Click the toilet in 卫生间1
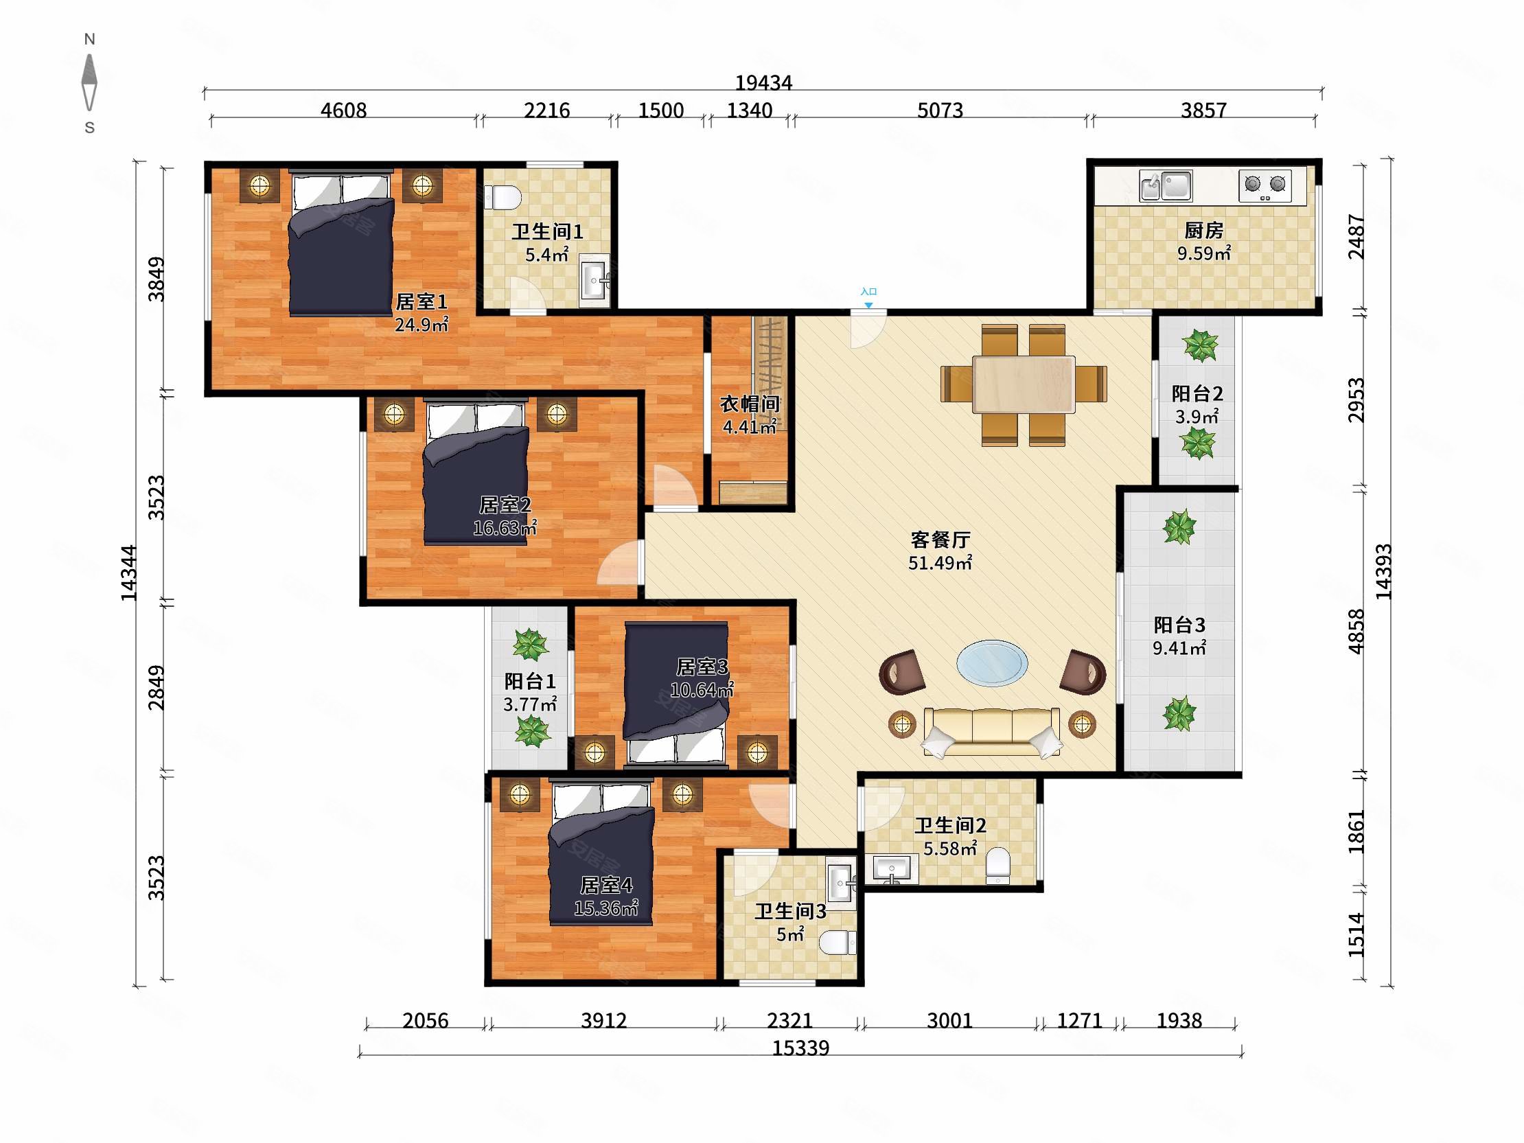(x=503, y=198)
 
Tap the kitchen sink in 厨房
(x=1166, y=185)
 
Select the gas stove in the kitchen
(x=1265, y=185)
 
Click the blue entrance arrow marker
(x=869, y=305)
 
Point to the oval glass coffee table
(x=992, y=662)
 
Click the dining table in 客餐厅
(x=1024, y=384)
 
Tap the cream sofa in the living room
(x=991, y=732)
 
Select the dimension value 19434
(x=763, y=82)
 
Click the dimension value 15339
(x=800, y=1048)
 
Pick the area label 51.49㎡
(x=940, y=563)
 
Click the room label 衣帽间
(x=750, y=404)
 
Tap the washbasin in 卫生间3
(x=841, y=883)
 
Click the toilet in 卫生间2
(x=997, y=866)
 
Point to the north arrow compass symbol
(x=89, y=82)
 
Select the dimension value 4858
(x=1356, y=631)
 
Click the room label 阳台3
(x=1179, y=625)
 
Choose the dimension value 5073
(x=940, y=111)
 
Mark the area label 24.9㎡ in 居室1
(x=422, y=325)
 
